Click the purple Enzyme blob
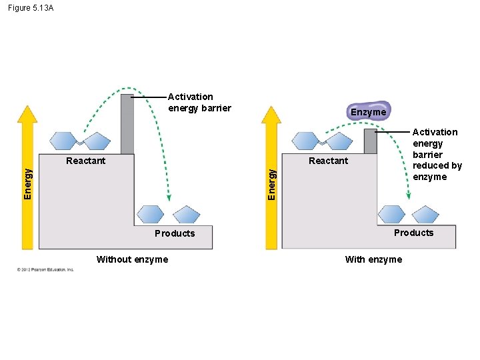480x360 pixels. click(x=368, y=111)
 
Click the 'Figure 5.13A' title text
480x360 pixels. click(x=31, y=8)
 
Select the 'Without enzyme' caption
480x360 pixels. click(x=132, y=259)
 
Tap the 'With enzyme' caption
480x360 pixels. click(x=373, y=259)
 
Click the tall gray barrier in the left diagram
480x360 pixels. click(x=127, y=123)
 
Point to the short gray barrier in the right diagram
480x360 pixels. click(x=370, y=141)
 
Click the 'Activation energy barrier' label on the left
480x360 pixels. click(x=199, y=103)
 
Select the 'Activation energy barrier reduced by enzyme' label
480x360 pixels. click(x=437, y=154)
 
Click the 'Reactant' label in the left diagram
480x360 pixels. click(x=85, y=161)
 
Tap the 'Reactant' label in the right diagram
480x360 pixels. click(x=328, y=161)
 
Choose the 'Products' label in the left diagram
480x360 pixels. click(x=175, y=233)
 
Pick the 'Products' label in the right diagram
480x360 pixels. click(x=413, y=233)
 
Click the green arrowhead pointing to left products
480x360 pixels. click(x=169, y=197)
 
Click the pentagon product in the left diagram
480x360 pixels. click(x=186, y=214)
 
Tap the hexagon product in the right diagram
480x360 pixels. click(x=391, y=214)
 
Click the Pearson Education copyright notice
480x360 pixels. click(x=45, y=269)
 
